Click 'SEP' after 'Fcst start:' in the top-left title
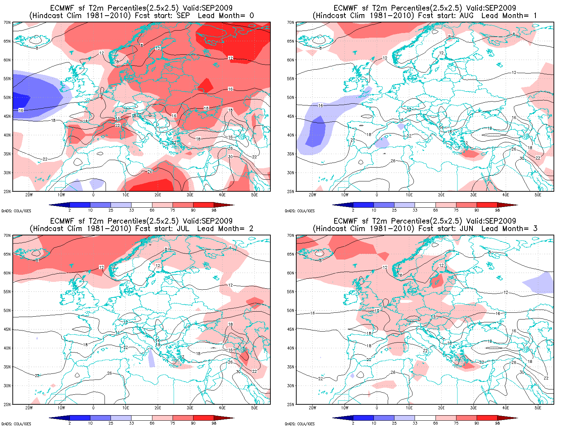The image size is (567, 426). (x=183, y=16)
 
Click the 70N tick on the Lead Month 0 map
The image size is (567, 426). (x=7, y=22)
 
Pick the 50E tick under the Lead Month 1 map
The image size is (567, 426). (x=538, y=195)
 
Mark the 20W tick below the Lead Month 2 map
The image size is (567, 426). (x=29, y=408)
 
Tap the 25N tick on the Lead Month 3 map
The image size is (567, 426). (x=291, y=404)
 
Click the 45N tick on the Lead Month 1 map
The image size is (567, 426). (x=291, y=116)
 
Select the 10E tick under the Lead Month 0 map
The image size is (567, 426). (x=125, y=195)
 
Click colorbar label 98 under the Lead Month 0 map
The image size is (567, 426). (x=214, y=210)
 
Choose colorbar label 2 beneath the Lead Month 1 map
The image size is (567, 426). (x=353, y=210)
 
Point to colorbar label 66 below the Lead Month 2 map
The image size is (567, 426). (x=152, y=423)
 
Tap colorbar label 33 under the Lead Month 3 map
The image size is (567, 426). (x=415, y=423)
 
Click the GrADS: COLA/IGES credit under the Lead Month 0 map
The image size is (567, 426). (x=16, y=211)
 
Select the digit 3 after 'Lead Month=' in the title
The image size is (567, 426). (x=535, y=229)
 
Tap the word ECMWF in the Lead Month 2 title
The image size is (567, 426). (x=62, y=221)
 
